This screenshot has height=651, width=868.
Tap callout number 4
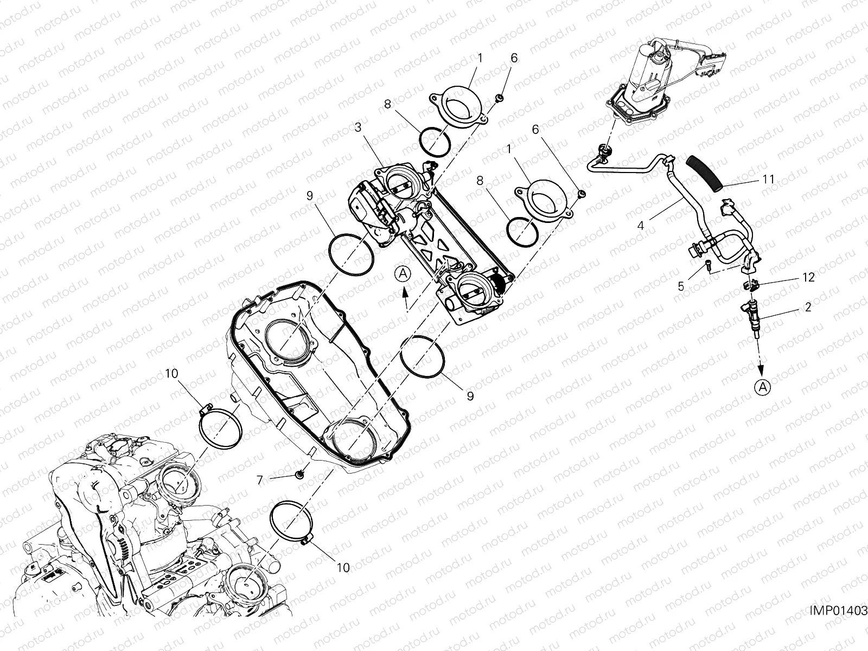point(641,224)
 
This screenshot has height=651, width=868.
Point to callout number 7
point(259,480)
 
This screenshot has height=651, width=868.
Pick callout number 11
point(768,178)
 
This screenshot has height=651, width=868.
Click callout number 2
point(808,308)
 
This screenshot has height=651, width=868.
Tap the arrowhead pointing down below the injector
point(762,369)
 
